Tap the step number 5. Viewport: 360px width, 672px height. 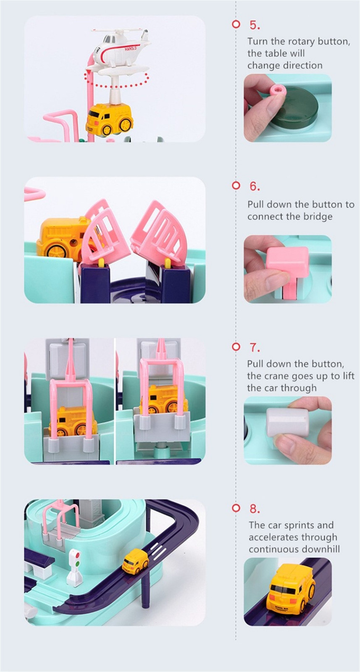click(x=255, y=25)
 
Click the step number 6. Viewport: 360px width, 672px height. click(x=255, y=186)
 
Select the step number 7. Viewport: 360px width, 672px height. click(x=255, y=348)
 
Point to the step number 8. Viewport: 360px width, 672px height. click(x=255, y=509)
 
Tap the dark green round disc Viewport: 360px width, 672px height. click(x=297, y=108)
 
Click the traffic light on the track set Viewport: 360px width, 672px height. click(x=75, y=567)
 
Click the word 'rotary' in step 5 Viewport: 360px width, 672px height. click(x=301, y=42)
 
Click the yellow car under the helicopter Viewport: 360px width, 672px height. click(x=109, y=119)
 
